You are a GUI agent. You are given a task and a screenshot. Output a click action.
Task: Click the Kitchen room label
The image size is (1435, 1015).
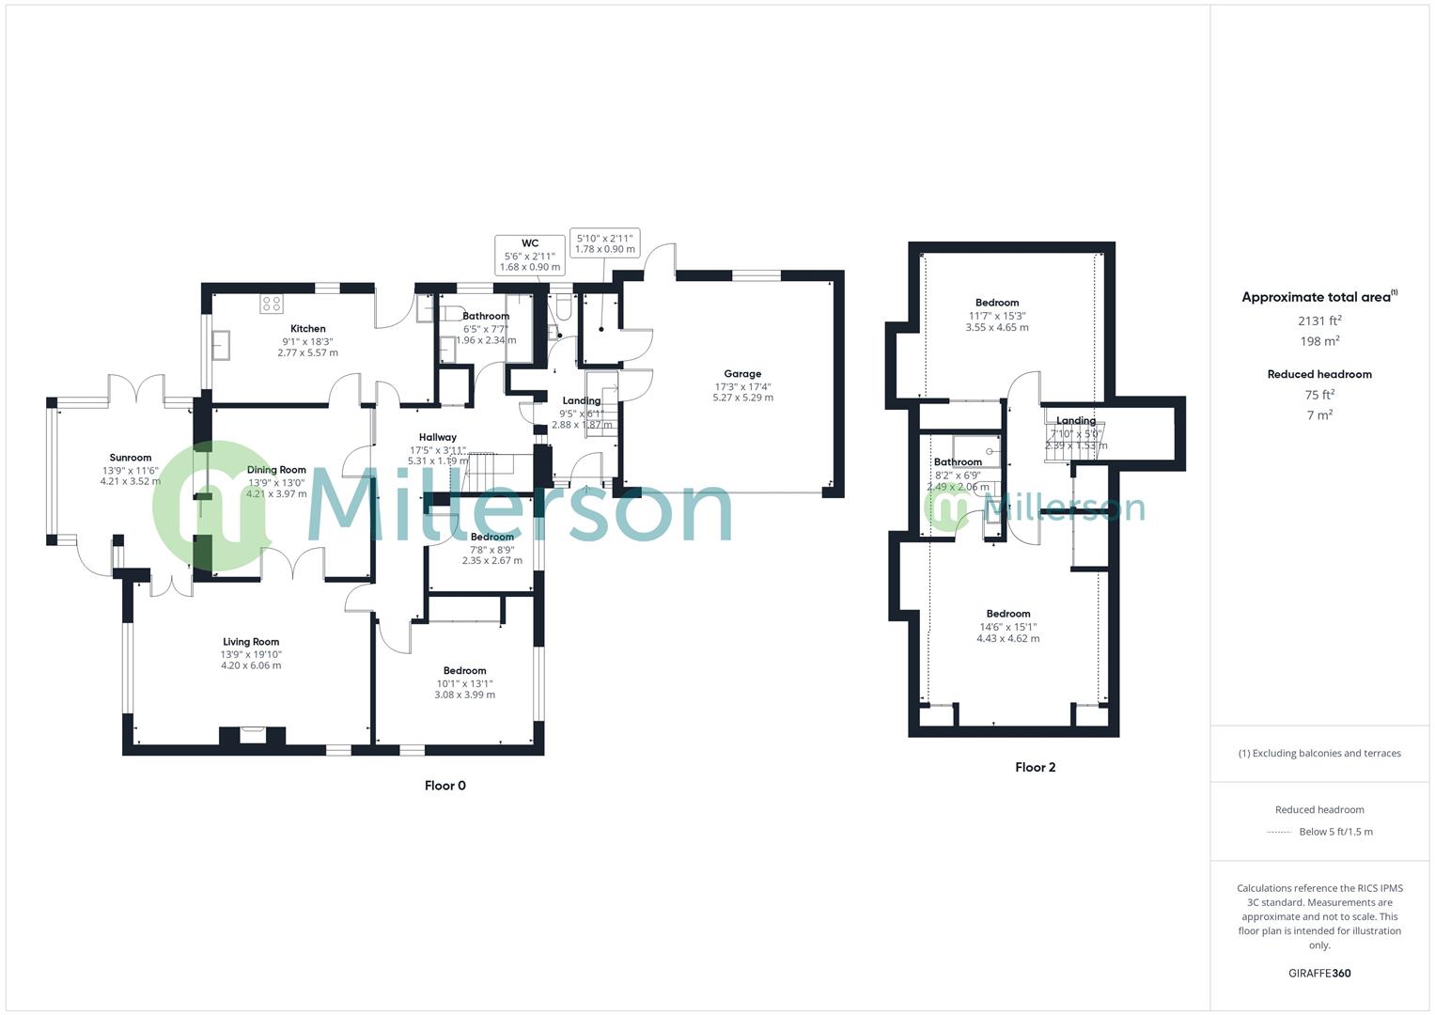pos(307,329)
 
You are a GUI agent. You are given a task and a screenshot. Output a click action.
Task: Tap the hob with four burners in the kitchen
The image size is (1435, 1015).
pos(272,304)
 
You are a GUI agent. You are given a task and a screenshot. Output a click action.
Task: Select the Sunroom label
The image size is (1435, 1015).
pos(130,458)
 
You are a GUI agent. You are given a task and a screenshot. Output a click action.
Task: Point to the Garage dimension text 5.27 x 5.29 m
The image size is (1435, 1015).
pos(742,398)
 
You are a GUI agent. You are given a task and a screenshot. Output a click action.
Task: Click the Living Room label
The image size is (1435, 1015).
pos(251,642)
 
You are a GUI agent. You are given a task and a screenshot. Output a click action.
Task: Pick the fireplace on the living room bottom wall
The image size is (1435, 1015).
pos(252,735)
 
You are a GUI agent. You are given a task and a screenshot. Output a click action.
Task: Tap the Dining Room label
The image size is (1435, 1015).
pos(276,470)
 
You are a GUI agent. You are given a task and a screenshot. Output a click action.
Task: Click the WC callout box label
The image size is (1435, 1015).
pos(530,243)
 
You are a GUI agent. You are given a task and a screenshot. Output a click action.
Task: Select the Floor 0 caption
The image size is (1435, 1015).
pos(445,786)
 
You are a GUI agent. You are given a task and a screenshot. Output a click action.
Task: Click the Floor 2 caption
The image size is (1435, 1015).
pos(1035,767)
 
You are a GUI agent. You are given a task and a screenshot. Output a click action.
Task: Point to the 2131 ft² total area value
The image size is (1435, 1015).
pos(1318,320)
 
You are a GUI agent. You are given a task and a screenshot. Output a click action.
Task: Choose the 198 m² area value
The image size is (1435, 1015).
pos(1318,341)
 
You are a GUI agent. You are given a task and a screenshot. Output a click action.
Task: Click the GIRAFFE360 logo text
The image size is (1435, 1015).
pos(1318,974)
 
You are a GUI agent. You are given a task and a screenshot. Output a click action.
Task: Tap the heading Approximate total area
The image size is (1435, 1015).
pos(1316,297)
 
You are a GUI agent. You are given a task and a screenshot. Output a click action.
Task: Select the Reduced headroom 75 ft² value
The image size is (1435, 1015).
pos(1318,395)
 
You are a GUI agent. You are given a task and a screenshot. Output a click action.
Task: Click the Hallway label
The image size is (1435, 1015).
pos(438,437)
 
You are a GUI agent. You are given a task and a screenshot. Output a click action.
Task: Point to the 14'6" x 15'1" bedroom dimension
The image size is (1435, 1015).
pos(1007,627)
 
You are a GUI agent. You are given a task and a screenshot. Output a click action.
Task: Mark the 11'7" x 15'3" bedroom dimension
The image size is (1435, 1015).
pos(997,316)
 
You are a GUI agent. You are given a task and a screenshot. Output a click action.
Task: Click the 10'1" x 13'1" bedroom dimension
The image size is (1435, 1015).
pos(464,683)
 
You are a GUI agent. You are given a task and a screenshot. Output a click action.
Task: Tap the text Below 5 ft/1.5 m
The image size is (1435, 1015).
pos(1335,832)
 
